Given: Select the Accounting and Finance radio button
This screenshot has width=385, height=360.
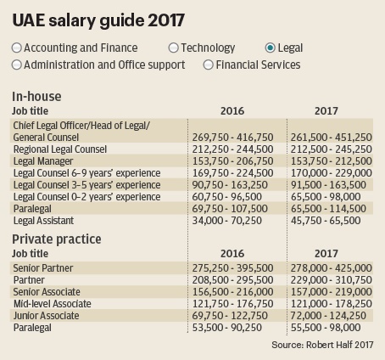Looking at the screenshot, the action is point(17,48).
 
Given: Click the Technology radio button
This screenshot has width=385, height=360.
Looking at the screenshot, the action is point(173,48).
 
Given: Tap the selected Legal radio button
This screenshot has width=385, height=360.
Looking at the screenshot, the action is point(271,48).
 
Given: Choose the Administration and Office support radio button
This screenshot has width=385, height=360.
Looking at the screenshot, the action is point(17,65).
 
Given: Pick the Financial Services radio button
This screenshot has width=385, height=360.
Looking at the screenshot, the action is point(208,65).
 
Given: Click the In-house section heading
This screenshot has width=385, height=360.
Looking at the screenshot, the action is point(36,97).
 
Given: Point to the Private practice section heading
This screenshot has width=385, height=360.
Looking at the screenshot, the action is point(57,239).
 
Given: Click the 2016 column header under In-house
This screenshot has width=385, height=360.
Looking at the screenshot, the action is point(232,111).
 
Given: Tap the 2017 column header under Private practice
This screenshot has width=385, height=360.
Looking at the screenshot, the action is point(326,254).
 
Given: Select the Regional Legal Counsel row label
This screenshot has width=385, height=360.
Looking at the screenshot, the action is point(60,149).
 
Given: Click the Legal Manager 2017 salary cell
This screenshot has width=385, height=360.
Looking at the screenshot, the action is point(332,161).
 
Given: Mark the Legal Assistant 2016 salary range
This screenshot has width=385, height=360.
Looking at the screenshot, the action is point(227,221).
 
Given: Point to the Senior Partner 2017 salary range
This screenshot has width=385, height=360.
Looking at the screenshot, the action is point(332,268).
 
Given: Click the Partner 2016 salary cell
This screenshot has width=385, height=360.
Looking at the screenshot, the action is point(232,280).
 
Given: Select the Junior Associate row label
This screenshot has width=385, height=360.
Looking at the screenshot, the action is point(47,316).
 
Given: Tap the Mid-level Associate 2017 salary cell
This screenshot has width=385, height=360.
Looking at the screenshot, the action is point(332,304).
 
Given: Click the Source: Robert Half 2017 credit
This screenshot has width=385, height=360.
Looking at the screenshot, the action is point(322,345).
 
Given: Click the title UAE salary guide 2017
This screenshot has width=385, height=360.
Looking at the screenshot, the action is point(98,20).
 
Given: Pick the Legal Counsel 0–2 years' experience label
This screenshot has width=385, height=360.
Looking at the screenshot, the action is point(87,197).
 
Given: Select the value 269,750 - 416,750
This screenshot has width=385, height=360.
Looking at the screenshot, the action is point(232,138).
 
